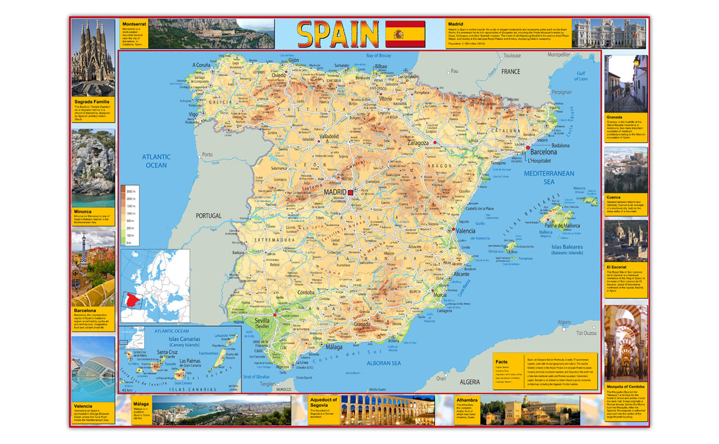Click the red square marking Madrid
point(350,193)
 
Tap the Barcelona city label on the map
point(543,152)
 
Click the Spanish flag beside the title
point(405,34)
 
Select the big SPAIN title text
point(338,34)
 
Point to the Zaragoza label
point(417,143)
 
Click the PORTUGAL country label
point(208,216)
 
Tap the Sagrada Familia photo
point(92,58)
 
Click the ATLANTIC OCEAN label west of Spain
point(156,161)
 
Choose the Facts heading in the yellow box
point(502,361)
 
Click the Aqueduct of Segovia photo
point(387,410)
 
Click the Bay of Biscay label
point(378,55)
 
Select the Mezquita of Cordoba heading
point(625,386)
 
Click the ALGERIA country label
point(469,382)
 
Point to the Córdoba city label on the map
point(306,293)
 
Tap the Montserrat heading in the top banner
point(134,24)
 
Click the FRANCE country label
point(510,72)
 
